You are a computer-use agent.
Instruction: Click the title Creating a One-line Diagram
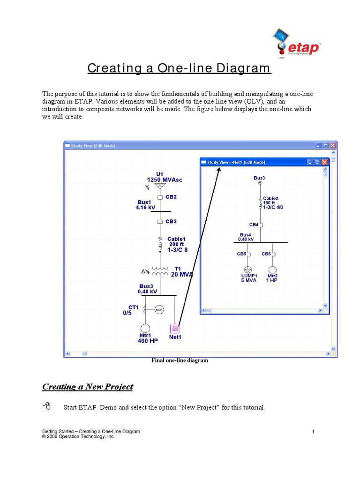179,68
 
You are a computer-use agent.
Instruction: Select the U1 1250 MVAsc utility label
160,177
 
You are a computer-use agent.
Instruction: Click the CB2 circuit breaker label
171,197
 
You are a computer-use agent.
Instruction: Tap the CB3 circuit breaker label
171,221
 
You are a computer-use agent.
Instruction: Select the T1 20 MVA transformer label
181,272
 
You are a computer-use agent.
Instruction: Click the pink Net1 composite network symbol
175,328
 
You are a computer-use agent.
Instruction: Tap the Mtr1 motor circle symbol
145,328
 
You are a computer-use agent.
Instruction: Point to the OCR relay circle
159,309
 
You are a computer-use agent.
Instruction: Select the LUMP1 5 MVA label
249,278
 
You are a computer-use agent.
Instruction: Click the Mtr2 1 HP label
272,278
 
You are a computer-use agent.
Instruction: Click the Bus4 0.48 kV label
246,237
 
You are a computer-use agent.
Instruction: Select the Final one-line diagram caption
179,360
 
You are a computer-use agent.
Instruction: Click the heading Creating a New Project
88,387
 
